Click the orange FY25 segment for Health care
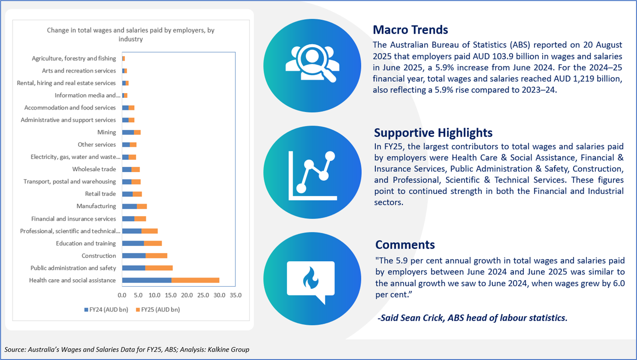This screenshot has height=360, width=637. (195, 280)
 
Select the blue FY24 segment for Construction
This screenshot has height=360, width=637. (134, 256)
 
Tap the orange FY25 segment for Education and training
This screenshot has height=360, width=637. (153, 243)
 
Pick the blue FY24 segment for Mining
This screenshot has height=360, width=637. (128, 132)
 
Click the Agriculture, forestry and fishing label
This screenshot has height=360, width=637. (74, 58)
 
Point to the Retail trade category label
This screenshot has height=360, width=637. (100, 194)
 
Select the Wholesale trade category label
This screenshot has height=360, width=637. (94, 169)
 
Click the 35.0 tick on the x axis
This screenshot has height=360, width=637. (236, 295)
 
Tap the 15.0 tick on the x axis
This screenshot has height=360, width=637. (171, 295)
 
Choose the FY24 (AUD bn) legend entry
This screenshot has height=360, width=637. (106, 310)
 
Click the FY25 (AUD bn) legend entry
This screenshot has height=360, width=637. (158, 310)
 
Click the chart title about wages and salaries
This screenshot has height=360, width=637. (131, 35)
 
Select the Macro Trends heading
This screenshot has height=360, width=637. (410, 30)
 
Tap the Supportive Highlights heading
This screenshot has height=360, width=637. (433, 133)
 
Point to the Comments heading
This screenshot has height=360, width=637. (405, 245)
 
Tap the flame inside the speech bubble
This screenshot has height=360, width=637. (311, 278)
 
